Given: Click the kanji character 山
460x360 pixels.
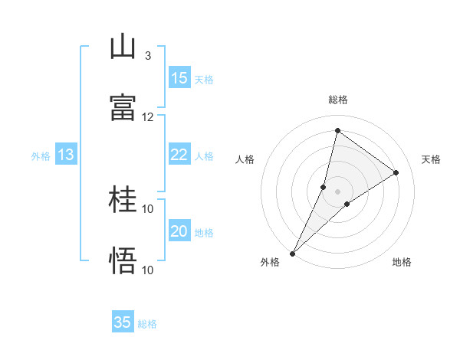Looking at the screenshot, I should tap(123, 47).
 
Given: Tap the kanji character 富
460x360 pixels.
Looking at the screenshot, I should tap(123, 108).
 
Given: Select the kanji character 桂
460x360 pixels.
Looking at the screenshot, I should tap(123, 200).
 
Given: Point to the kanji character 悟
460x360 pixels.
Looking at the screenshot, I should tap(123, 261).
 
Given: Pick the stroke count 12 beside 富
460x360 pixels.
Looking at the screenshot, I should tap(148, 116).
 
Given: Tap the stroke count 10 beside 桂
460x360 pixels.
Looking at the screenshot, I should tap(148, 208).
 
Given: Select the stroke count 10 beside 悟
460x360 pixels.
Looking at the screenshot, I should tap(148, 270).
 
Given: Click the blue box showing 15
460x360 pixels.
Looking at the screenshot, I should tap(179, 78).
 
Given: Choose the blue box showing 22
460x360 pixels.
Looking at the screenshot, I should tap(179, 155).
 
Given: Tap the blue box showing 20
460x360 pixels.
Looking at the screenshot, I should tap(179, 231).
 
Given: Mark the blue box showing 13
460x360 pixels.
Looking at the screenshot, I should tap(66, 155).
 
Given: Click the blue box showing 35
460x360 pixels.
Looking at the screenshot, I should tap(123, 322).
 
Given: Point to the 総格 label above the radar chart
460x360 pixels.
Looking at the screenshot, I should tap(337, 100).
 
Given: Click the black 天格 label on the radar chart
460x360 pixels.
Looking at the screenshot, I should tap(431, 159).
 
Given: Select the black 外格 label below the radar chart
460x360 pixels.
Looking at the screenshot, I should tap(270, 262).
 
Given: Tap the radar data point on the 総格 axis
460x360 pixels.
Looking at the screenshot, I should tap(337, 130).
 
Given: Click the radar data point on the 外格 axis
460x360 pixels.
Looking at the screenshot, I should tap(292, 253).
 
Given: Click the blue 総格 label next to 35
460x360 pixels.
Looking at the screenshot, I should tap(147, 324).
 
